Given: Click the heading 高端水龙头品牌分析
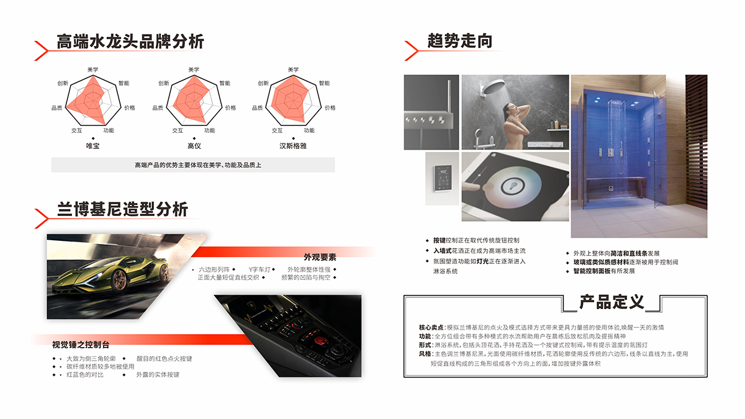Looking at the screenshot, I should (130, 42).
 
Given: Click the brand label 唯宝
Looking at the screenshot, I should (93, 146).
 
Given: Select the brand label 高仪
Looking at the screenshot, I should (194, 146).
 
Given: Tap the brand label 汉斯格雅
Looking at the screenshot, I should (293, 146).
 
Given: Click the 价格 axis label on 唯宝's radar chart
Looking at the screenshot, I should (129, 107).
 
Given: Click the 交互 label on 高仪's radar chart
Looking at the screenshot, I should (178, 130).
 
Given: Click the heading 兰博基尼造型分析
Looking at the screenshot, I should (122, 209).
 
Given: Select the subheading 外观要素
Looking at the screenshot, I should (320, 257).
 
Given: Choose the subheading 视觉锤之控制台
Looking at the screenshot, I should (80, 345).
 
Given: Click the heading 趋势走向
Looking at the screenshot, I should (459, 41).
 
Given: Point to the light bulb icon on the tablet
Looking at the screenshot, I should (513, 184).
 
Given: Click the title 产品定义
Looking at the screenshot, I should (612, 302).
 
